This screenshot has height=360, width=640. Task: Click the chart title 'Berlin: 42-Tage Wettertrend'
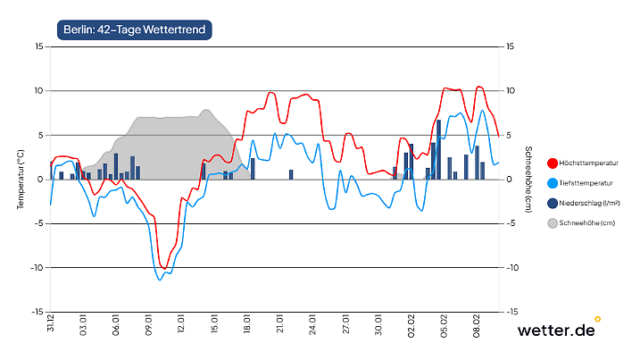point(134,29)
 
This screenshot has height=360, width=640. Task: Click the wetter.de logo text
point(555,331)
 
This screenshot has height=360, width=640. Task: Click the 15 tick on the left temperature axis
point(37,46)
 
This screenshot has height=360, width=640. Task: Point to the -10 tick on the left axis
point(35,268)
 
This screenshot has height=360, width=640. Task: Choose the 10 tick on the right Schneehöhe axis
point(511,91)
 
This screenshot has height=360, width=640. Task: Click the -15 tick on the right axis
point(511,312)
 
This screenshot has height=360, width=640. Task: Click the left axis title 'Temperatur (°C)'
point(20,179)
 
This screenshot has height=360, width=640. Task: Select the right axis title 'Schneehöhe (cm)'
point(528,179)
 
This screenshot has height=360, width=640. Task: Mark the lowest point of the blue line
point(161,280)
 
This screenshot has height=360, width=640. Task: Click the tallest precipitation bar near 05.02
point(439,149)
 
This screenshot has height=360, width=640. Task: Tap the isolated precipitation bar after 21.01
point(291,174)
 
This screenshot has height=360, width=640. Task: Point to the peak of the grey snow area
point(206,110)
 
